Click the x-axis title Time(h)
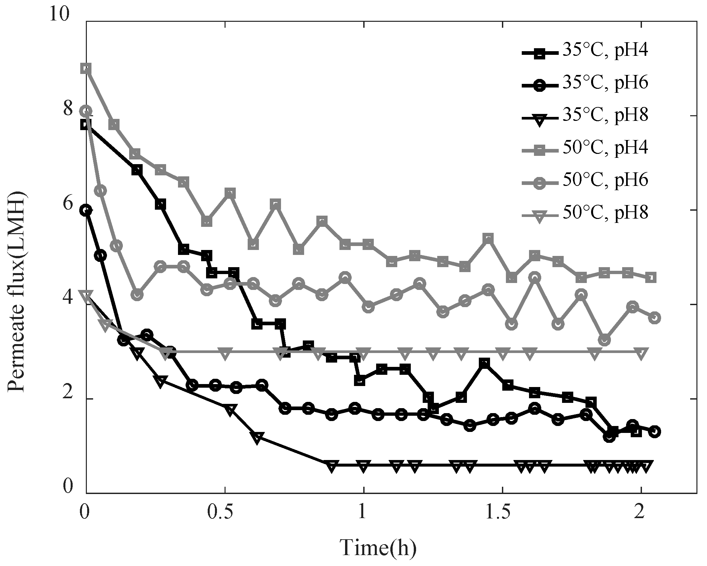coord(378,548)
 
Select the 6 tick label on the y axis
coord(68,204)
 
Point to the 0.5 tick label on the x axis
coord(225,512)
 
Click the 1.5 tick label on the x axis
coord(502,512)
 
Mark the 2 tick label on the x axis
coord(640,512)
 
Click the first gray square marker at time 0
coord(87,68)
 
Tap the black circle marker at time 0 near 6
coord(87,210)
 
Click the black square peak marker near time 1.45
coord(484,364)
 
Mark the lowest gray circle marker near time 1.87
coord(604,340)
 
